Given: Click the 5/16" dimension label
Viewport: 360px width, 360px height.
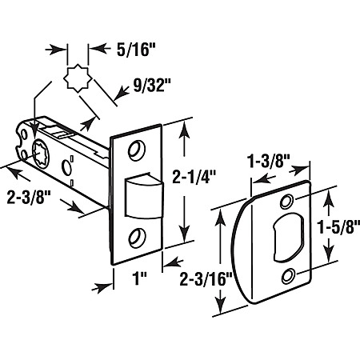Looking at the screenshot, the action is pos(136,50).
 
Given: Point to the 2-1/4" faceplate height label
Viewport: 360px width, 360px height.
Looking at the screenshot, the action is pos(194,177).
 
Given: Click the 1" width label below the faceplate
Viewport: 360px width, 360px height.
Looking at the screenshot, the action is pos(140,278).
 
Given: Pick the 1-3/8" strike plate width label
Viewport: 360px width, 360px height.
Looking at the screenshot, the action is pos(269,161).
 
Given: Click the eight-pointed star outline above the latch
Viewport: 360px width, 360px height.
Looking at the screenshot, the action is pos(78,78).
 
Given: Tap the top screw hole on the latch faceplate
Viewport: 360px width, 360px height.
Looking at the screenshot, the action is pos(137,150).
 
